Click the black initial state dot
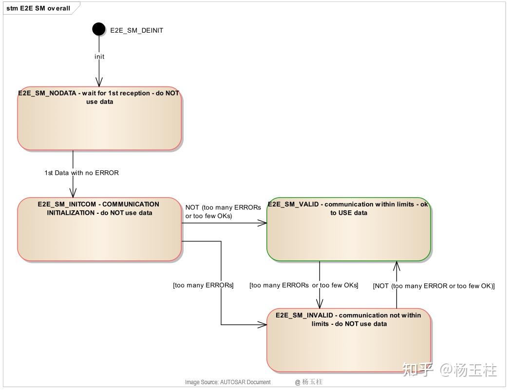click(x=99, y=29)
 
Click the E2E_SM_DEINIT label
click(x=136, y=30)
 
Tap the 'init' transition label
click(x=99, y=56)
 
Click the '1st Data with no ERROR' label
click(x=81, y=173)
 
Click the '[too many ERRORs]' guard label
click(x=203, y=285)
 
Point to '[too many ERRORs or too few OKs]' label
click(x=303, y=285)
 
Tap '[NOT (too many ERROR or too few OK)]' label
click(x=434, y=286)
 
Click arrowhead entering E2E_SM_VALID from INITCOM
click(x=263, y=223)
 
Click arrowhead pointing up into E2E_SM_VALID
click(x=397, y=265)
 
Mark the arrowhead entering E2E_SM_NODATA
click(x=99, y=82)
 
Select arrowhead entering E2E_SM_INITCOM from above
click(x=73, y=193)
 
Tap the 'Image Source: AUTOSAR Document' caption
click(x=227, y=382)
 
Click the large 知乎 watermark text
click(x=418, y=370)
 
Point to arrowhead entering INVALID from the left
click(x=263, y=324)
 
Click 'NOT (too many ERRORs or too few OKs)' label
click(x=223, y=211)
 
